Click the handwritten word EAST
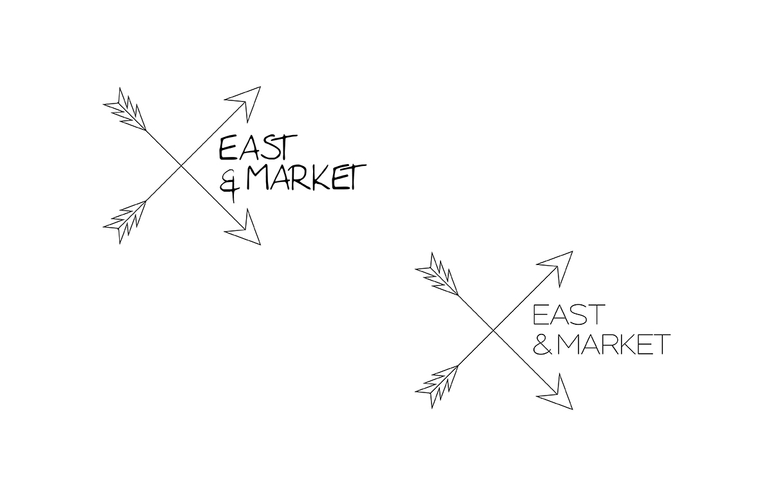[258, 147]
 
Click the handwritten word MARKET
[307, 177]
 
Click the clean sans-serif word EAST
[569, 314]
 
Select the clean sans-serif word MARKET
[613, 344]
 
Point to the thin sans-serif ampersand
[542, 344]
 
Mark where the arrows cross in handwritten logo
[181, 166]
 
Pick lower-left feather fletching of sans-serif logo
[436, 387]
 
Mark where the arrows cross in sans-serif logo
[493, 331]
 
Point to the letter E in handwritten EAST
[227, 148]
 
